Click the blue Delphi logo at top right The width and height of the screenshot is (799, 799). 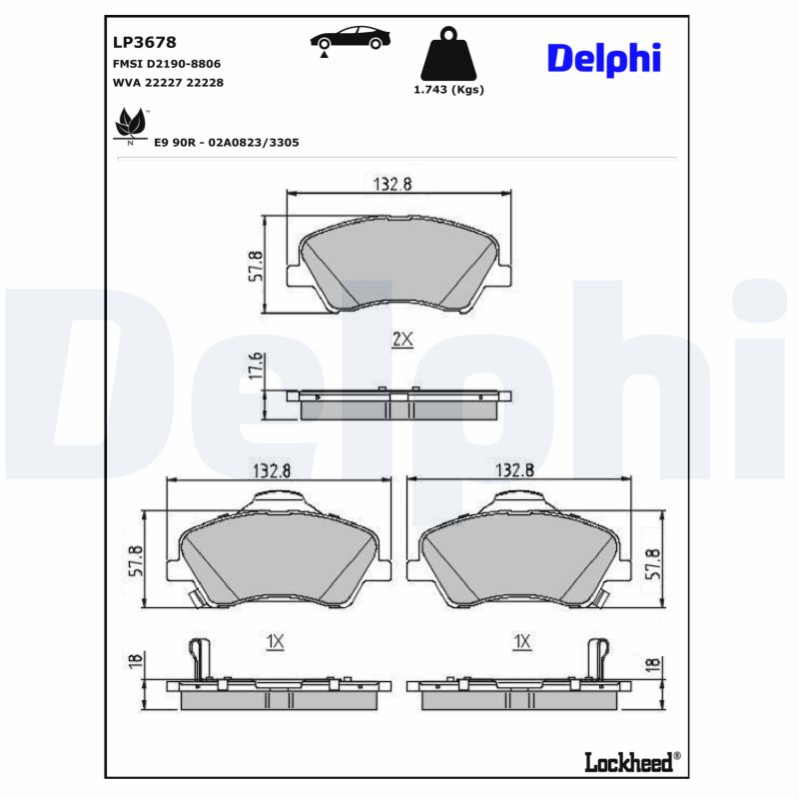603,58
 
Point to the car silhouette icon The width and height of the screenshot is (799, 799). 350,40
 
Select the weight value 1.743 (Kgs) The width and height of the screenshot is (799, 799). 448,90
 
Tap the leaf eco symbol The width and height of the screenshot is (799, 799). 129,124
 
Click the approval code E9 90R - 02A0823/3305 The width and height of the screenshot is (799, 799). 226,143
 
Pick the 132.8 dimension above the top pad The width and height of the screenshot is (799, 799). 393,182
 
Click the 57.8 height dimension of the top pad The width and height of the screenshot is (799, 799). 256,267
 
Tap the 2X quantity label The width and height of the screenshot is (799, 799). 401,341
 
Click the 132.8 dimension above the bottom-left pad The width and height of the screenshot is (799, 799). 279,470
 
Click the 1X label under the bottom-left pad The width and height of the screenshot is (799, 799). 277,642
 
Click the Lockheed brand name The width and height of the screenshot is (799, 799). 627,761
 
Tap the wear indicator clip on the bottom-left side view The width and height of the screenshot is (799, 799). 200,659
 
